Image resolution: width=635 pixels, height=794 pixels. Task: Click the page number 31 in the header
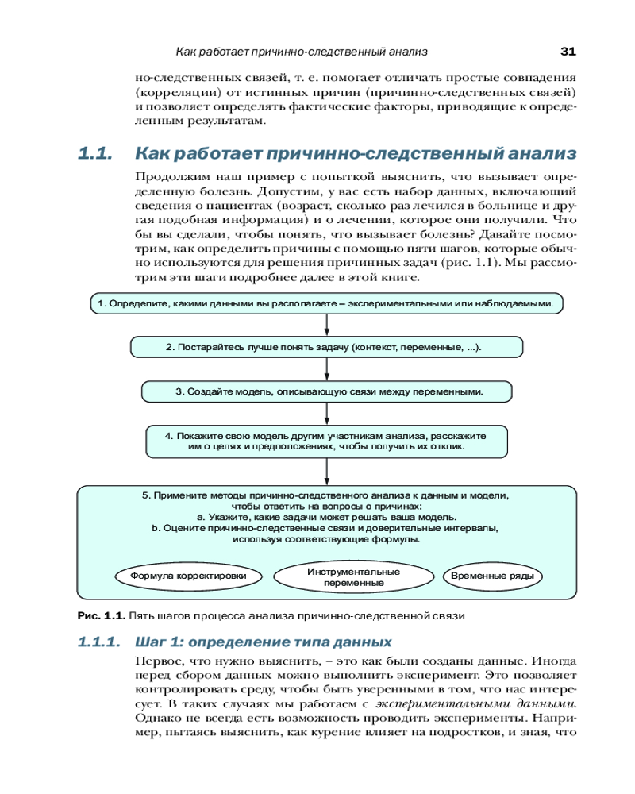tap(568, 52)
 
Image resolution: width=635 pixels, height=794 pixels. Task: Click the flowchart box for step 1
tap(325, 303)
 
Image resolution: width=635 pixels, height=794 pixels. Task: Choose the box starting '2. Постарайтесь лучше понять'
tap(325, 347)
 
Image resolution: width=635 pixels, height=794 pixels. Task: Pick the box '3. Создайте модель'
tap(325, 391)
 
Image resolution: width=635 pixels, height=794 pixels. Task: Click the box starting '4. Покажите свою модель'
tap(325, 441)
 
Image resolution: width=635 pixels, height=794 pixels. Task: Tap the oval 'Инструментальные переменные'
tap(353, 577)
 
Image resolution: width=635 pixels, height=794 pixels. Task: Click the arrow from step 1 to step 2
tap(327, 325)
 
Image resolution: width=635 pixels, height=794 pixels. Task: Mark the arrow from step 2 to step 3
tap(327, 369)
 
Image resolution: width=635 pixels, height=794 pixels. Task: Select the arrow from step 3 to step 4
tap(327, 414)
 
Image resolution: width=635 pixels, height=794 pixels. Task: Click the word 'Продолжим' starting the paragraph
tap(167, 175)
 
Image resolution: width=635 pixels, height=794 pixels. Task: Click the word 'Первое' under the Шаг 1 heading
tap(156, 661)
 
